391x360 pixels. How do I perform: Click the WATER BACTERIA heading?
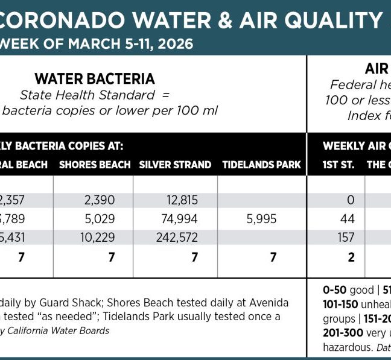click(x=95, y=78)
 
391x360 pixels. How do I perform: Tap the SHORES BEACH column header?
click(x=95, y=165)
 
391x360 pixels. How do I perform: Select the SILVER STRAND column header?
click(x=175, y=165)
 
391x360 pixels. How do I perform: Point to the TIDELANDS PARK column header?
click(x=261, y=165)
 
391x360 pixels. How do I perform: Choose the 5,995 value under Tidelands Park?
click(x=261, y=219)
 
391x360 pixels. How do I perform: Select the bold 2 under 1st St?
click(x=351, y=257)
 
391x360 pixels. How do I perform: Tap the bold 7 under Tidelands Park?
click(x=273, y=257)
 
